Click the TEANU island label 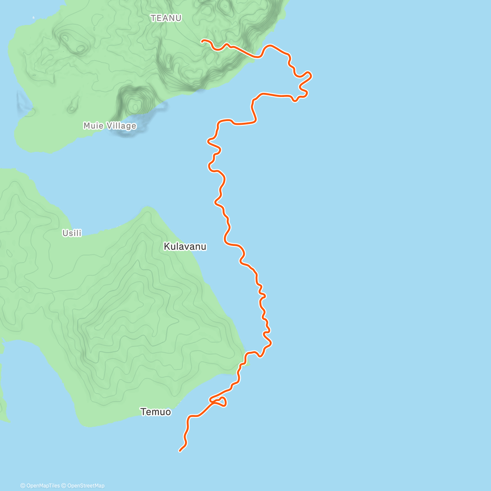tap(166, 18)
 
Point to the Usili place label tap(72, 233)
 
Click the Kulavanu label tap(185, 246)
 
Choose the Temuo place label tap(155, 412)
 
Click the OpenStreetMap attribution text tap(86, 486)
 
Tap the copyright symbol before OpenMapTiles tap(23, 486)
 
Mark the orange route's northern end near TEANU tap(202, 41)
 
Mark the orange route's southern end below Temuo tap(180, 451)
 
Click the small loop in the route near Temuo tap(221, 402)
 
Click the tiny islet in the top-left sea tap(34, 18)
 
